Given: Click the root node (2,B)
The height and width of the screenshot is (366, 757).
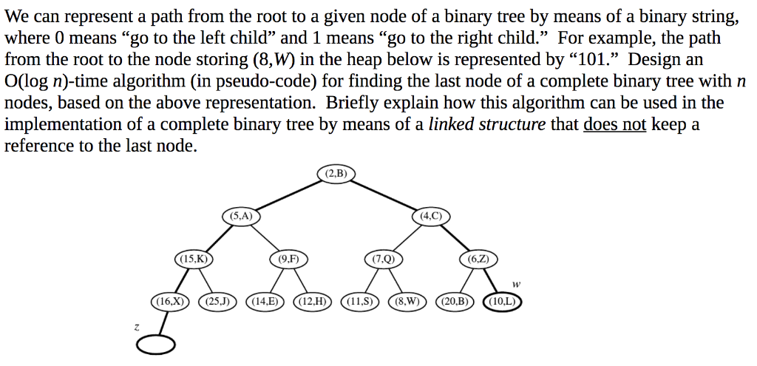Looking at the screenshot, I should [x=336, y=174].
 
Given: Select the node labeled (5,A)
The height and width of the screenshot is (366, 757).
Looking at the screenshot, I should [x=241, y=216].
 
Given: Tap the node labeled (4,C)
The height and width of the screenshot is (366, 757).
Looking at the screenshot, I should [x=431, y=216].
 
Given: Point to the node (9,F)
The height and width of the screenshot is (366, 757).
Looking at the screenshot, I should [x=288, y=259].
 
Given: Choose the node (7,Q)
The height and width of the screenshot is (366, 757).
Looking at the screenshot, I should [x=384, y=259].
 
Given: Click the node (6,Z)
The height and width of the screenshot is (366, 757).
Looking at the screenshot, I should [x=478, y=259].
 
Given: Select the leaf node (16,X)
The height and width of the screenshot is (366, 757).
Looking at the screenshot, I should [x=170, y=301].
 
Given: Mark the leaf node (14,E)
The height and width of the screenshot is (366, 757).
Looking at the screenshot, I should [x=265, y=301].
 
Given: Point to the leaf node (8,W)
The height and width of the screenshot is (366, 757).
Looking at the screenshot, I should [x=407, y=301].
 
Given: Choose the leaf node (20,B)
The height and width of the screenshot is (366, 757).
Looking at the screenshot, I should [x=455, y=301].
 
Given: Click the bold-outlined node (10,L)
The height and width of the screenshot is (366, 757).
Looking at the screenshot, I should [x=502, y=301].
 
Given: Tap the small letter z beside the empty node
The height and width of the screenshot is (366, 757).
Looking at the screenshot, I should [x=136, y=326].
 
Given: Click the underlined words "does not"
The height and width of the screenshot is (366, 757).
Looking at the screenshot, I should [x=614, y=124].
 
